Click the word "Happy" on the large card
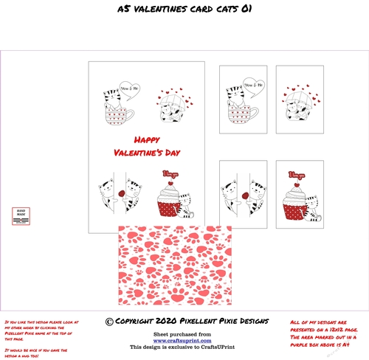tap(150, 139)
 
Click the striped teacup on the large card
tap(117, 114)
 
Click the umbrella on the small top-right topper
tap(297, 102)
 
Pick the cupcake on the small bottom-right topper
tap(296, 203)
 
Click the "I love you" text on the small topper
tap(296, 174)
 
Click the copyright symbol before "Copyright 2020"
tap(109, 322)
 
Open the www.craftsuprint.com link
tap(184, 340)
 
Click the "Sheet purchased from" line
tap(184, 333)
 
